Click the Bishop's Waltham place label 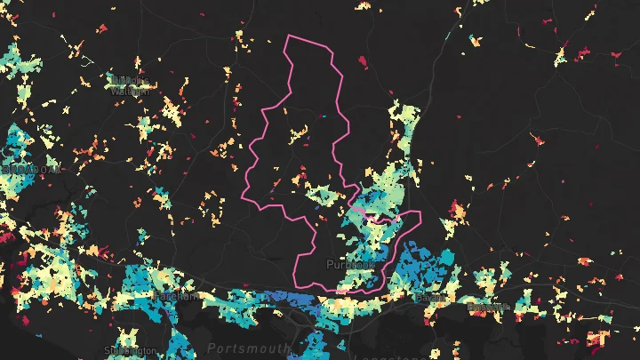point(131,84)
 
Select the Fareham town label point(176,296)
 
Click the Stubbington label point(130,351)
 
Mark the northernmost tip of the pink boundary point(288,36)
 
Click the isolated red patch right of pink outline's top point(362,61)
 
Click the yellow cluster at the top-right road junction point(561,55)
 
